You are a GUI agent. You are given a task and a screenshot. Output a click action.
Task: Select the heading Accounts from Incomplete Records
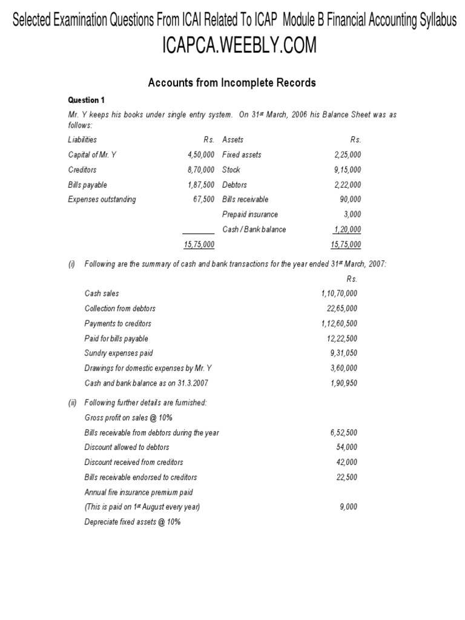(232, 83)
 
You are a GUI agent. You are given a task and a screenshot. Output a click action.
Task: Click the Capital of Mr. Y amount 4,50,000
(201, 154)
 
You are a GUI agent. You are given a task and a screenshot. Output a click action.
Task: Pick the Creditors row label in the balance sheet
(82, 170)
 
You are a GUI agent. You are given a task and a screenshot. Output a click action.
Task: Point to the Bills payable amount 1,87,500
(201, 185)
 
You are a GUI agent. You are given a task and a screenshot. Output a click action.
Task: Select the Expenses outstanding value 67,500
(203, 199)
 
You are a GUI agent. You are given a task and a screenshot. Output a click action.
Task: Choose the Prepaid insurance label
(250, 214)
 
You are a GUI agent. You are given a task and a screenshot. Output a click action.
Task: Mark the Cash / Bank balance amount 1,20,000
(347, 229)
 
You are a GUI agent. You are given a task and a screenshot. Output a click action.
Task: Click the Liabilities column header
(82, 139)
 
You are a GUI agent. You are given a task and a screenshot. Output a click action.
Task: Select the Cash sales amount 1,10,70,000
(340, 293)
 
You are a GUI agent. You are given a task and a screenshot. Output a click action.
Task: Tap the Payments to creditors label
(118, 323)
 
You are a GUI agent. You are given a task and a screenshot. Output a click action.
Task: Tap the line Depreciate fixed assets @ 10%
(133, 521)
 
